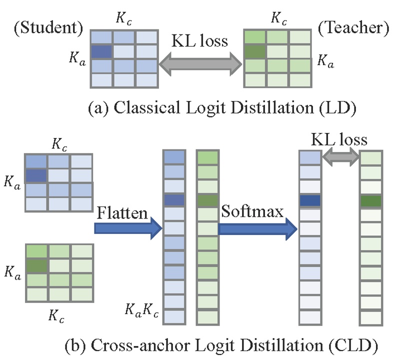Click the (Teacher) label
353,28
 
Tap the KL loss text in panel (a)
200,40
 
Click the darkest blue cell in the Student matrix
101,51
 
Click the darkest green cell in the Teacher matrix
254,51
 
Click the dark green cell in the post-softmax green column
370,200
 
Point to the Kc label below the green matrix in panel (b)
56,316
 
